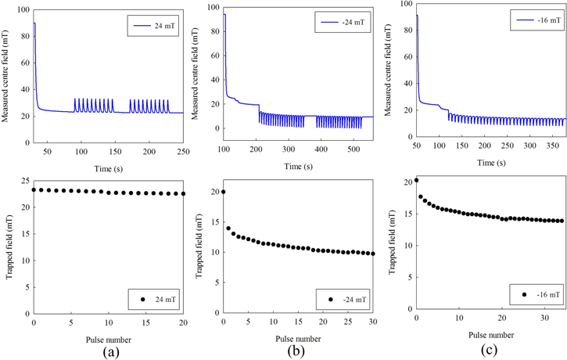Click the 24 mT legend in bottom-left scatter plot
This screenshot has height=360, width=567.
[x=157, y=299]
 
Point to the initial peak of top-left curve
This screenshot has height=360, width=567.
[x=34, y=23]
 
